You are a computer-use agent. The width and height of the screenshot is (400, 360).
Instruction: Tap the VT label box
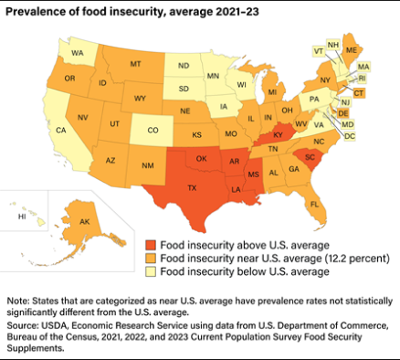pyautogui.click(x=319, y=52)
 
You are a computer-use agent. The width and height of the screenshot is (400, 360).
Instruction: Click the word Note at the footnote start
pyautogui.click(x=19, y=301)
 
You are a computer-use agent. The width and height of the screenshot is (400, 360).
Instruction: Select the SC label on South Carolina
pyautogui.click(x=311, y=157)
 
